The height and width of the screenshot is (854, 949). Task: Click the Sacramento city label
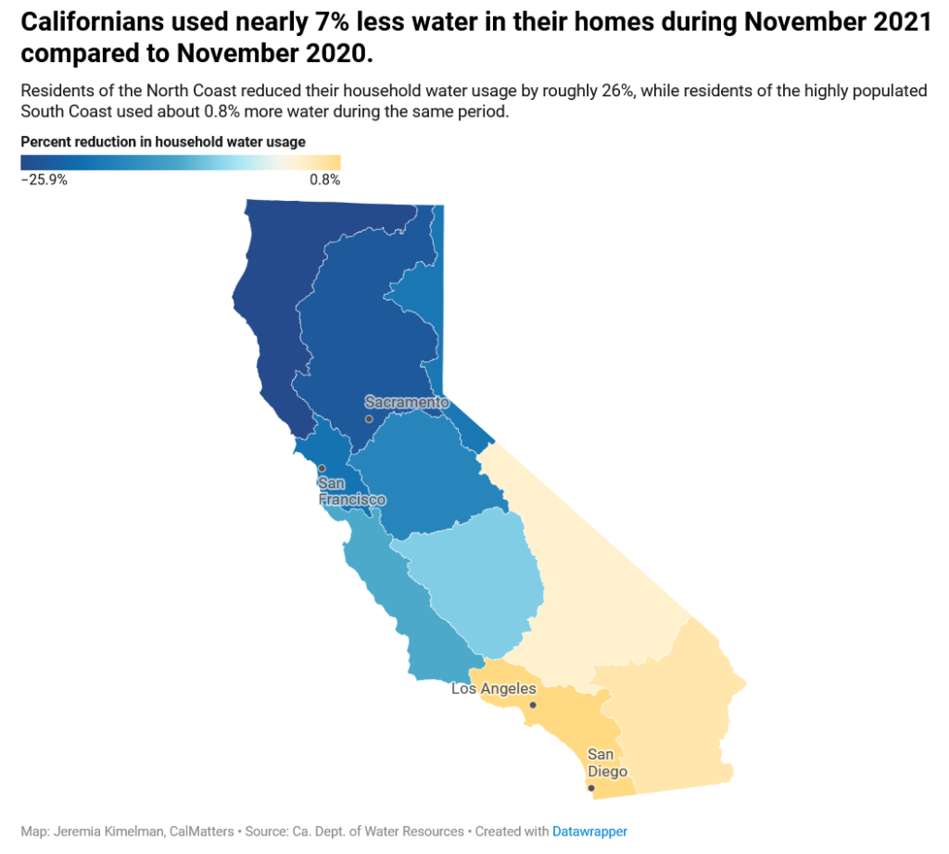tap(407, 402)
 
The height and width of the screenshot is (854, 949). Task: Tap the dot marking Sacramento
tap(369, 420)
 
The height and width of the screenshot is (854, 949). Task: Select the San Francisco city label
tap(351, 491)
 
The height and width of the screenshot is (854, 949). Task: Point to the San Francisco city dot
tap(322, 468)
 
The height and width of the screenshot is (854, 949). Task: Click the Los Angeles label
tap(494, 689)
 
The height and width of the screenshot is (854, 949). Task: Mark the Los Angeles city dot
tap(533, 705)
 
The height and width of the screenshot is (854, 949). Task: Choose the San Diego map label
tap(607, 762)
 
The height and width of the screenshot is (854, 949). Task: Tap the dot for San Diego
tap(591, 788)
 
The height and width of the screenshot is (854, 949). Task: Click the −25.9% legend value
tap(44, 180)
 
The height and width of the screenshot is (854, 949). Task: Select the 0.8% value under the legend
tap(325, 180)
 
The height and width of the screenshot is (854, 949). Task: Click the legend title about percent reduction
tap(163, 142)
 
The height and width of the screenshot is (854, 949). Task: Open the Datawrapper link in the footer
tap(589, 832)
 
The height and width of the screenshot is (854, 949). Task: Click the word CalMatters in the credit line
tap(201, 832)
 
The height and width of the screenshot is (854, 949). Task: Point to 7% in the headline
tap(332, 22)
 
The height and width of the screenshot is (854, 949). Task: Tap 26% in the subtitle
tap(617, 91)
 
